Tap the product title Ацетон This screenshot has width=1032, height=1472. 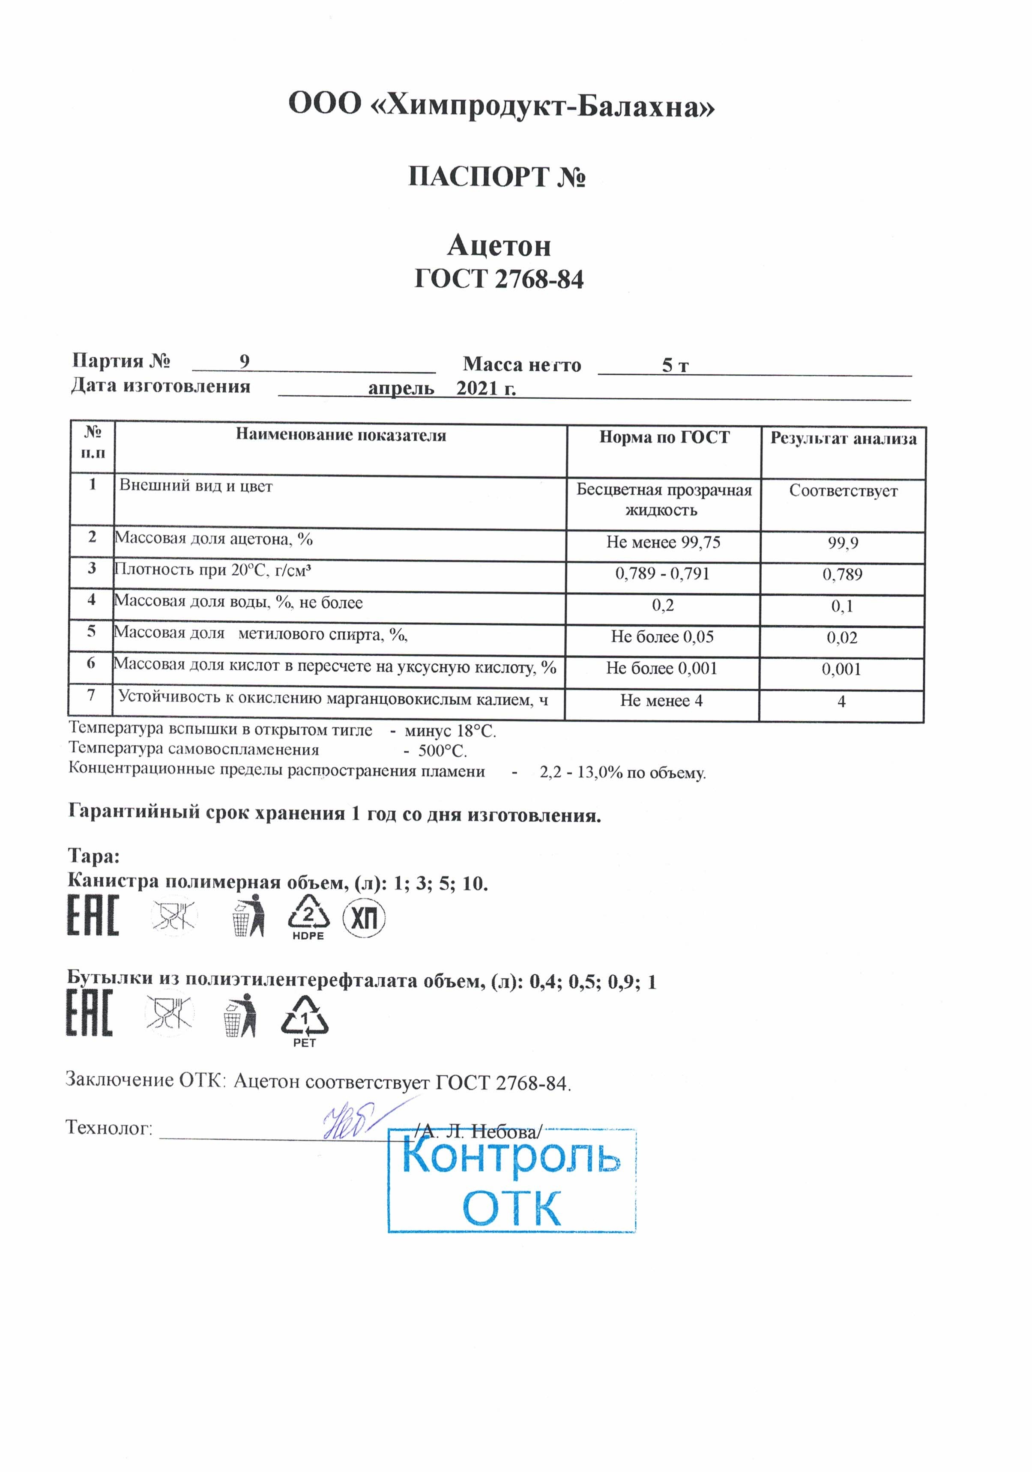[x=499, y=245]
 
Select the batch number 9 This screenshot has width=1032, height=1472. [x=244, y=361]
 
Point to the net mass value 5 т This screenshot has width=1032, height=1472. [x=675, y=365]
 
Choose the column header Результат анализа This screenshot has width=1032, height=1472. [x=843, y=439]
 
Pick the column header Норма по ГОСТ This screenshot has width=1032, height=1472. [x=664, y=437]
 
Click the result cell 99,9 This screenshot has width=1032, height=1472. [x=842, y=543]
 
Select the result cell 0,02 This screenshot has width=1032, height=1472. [x=841, y=637]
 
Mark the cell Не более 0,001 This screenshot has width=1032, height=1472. [x=661, y=668]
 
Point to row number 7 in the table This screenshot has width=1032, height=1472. [x=91, y=695]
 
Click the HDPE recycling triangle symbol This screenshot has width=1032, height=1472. [x=308, y=915]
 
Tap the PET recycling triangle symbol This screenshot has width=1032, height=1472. [x=304, y=1015]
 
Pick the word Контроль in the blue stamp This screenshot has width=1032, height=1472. [x=511, y=1156]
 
